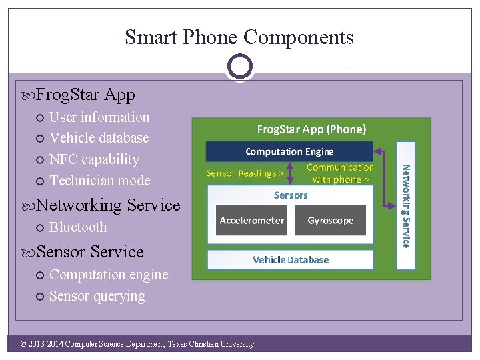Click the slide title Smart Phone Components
239,37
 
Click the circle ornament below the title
239,66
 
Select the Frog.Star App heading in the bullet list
85,95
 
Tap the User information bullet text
99,117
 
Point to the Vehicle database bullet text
99,138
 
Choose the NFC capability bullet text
94,159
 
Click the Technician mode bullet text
100,181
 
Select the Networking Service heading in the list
108,205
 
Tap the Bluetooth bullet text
78,227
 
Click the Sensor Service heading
90,251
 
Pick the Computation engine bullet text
109,274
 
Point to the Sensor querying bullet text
97,295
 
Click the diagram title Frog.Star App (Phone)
311,129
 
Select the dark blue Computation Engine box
289,151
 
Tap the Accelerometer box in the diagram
252,220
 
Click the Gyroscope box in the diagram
331,220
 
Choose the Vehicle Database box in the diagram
291,259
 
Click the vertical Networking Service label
405,206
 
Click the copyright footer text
137,344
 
